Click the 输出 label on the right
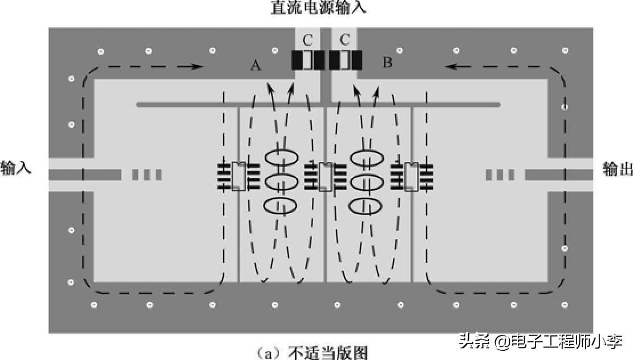pos(618,169)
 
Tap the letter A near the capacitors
pos(255,67)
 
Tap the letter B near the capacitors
pos(387,62)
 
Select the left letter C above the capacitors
pos(308,40)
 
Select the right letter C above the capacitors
pos(344,40)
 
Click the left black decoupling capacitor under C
pos(308,60)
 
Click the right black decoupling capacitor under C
pos(345,60)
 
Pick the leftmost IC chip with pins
pos(238,176)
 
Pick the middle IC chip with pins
pos(325,176)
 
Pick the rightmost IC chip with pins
pos(411,176)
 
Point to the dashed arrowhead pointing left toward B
pos(451,66)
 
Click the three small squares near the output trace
pos(500,175)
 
